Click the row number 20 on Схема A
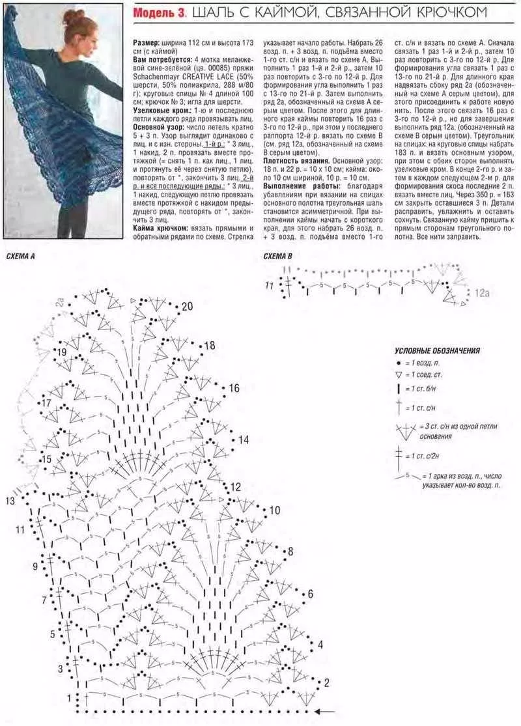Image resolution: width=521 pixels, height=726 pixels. (x=187, y=307)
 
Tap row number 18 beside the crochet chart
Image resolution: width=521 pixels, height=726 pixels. (x=210, y=346)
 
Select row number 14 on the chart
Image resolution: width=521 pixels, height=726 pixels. (x=243, y=440)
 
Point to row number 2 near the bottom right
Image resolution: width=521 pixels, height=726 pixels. (x=326, y=682)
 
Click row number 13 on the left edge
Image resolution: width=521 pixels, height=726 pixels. (x=10, y=501)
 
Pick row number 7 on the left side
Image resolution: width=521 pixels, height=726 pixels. (x=44, y=600)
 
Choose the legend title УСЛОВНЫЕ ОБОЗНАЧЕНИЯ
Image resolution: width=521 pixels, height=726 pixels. (x=437, y=350)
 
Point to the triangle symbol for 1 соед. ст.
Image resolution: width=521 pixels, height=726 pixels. (x=398, y=376)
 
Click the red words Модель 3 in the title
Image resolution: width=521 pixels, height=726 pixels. (x=160, y=12)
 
